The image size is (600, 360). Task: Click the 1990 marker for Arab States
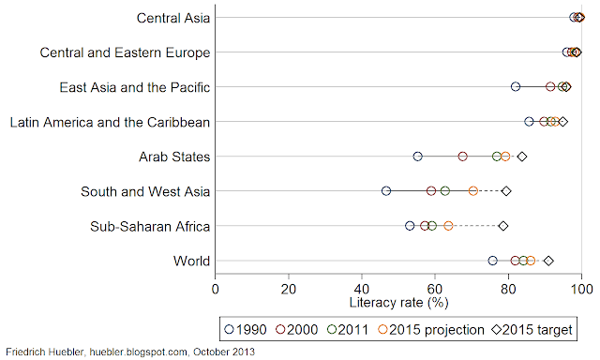pos(417,157)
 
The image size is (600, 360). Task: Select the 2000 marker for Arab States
pos(463,157)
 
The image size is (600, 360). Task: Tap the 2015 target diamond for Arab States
pos(522,157)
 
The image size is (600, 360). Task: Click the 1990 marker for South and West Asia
pos(386,191)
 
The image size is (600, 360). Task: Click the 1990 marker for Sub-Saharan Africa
pos(410,226)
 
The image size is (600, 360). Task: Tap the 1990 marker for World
pos(493,261)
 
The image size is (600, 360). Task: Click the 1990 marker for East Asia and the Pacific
pos(516,87)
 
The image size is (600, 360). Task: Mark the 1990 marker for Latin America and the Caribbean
pos(529,122)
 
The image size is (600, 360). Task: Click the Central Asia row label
pos(173,18)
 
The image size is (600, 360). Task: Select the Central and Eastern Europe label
pos(125,52)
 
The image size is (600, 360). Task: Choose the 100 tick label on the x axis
pos(581,290)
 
